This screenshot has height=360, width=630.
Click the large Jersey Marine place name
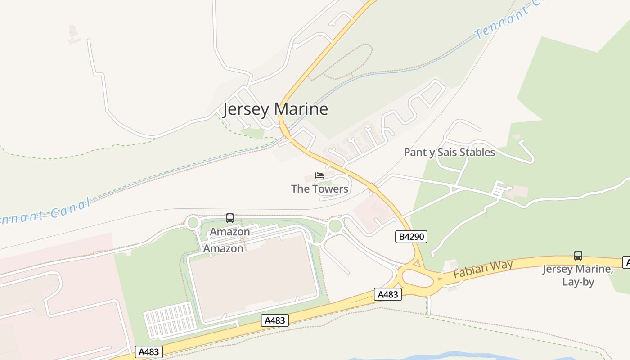point(275,109)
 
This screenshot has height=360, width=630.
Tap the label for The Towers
point(319,189)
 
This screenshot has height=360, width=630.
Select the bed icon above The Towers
point(319,175)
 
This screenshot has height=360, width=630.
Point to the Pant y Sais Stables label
point(449,153)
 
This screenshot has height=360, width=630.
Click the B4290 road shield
point(411,236)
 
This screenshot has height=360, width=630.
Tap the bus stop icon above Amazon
point(230,218)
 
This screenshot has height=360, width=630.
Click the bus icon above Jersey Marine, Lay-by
point(578,256)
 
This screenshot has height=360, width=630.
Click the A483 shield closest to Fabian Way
point(387,294)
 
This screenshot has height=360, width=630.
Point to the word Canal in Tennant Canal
point(68,208)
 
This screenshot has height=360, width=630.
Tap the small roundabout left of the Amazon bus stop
point(193,223)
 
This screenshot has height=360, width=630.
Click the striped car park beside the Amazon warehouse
point(170,319)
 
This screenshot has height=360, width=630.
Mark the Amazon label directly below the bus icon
point(230,232)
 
